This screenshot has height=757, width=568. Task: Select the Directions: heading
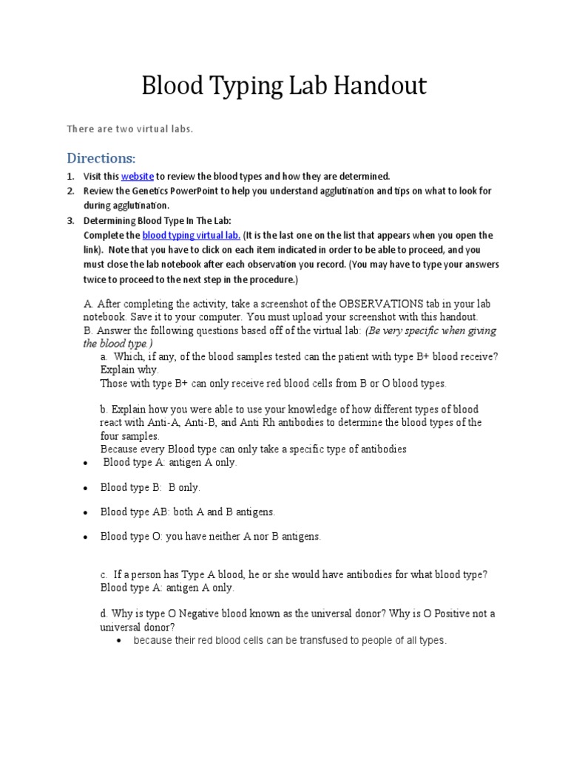[x=101, y=158]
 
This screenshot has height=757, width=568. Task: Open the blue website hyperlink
[x=138, y=177]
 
